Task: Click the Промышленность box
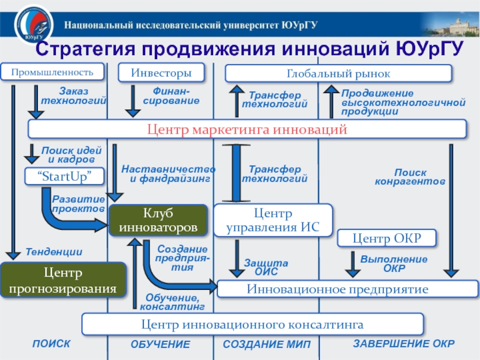(x=52, y=73)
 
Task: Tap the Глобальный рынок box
(x=338, y=73)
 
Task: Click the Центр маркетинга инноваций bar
(x=247, y=129)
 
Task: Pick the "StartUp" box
(x=64, y=176)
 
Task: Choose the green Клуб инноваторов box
(x=158, y=220)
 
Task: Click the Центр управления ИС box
(x=273, y=220)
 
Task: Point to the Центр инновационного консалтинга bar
(x=253, y=325)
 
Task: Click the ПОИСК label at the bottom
(x=51, y=344)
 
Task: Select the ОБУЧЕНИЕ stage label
(x=160, y=344)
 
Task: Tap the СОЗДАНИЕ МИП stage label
(x=263, y=344)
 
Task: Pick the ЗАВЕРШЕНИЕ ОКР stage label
(x=403, y=344)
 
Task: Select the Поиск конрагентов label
(x=410, y=176)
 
